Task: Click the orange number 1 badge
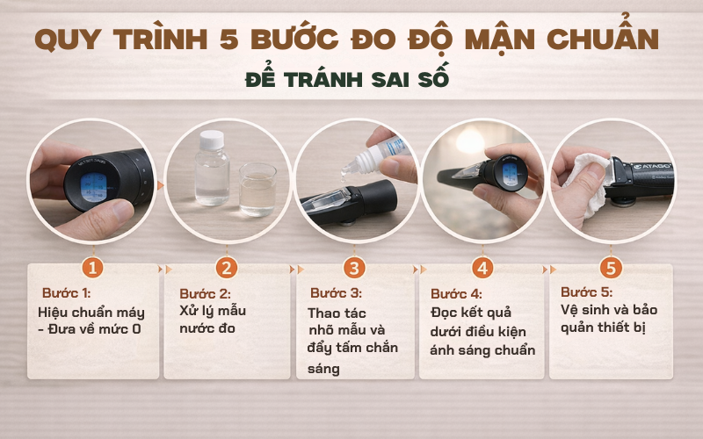[94, 267]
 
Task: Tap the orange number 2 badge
[227, 267]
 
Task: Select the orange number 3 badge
[354, 267]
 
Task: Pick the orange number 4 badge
[482, 267]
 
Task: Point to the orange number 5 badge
[610, 267]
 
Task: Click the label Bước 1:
[67, 293]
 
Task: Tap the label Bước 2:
[204, 293]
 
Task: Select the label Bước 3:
[335, 293]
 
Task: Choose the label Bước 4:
[456, 293]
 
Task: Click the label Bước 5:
[586, 292]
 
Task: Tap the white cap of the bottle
[212, 138]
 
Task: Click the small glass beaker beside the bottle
[257, 189]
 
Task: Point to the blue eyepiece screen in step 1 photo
[93, 187]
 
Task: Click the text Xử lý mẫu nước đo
[214, 320]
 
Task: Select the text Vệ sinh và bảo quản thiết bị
[608, 320]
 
